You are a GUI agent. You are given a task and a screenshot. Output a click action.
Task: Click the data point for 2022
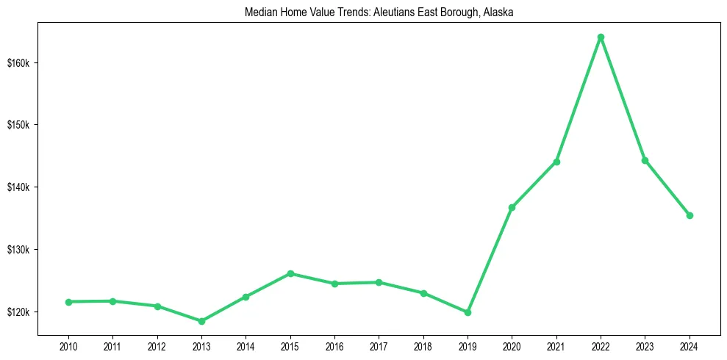pos(601,37)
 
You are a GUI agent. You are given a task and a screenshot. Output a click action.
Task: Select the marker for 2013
pos(201,321)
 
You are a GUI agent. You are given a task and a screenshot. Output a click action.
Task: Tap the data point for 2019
pos(468,312)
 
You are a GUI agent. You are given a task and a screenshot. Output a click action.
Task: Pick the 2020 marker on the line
pos(512,207)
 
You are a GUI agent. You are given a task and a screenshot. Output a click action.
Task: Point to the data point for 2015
pos(290,273)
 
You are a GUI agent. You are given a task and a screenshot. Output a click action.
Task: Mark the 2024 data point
pos(690,215)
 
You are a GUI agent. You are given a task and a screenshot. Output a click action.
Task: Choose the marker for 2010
pos(68,302)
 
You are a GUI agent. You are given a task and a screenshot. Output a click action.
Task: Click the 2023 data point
pos(645,160)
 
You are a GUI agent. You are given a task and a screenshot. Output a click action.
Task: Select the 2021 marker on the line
pos(556,162)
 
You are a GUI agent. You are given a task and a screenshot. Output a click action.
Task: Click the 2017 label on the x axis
pos(379,346)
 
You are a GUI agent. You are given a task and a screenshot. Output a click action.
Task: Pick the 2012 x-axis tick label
pos(157,346)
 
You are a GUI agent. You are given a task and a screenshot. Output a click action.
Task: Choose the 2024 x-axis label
pos(690,346)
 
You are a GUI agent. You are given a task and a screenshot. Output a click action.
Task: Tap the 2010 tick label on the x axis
pos(68,346)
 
